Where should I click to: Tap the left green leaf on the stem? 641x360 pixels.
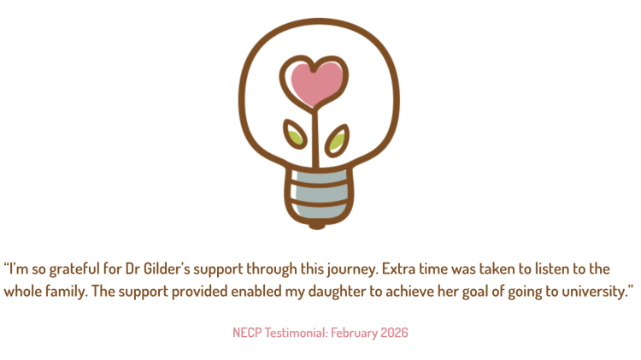point(295,134)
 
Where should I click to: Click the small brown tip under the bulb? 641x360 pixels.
point(317,225)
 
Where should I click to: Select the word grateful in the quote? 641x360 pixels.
point(74,269)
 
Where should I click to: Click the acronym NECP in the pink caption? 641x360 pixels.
point(247,333)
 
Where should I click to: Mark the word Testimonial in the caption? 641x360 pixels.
point(297,333)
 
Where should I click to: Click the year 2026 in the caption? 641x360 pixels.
point(394,333)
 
